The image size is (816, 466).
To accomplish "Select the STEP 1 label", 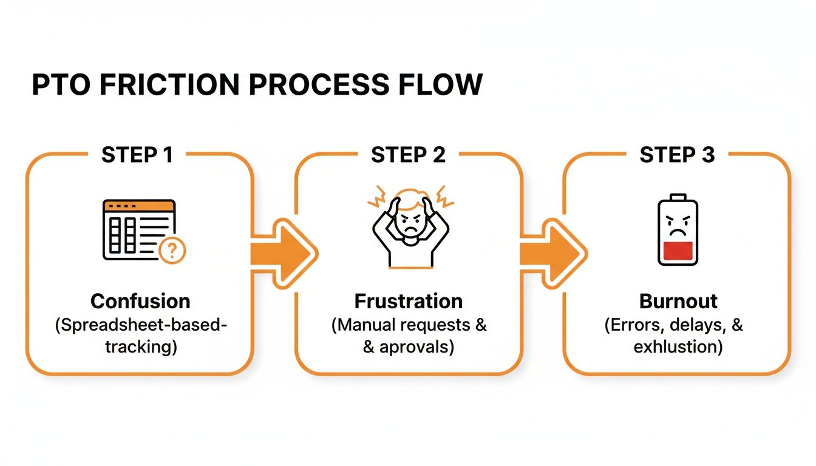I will (137, 155).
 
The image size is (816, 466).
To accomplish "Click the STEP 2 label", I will (408, 155).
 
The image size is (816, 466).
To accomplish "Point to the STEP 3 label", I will (677, 155).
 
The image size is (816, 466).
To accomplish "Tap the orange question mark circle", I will (172, 250).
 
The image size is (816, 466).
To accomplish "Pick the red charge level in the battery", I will (678, 252).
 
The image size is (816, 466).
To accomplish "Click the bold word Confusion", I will (140, 301).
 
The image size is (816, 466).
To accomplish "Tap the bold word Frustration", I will (409, 301).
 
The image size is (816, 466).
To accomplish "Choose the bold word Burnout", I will (678, 301).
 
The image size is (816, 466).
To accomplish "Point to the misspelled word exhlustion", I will (678, 348).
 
